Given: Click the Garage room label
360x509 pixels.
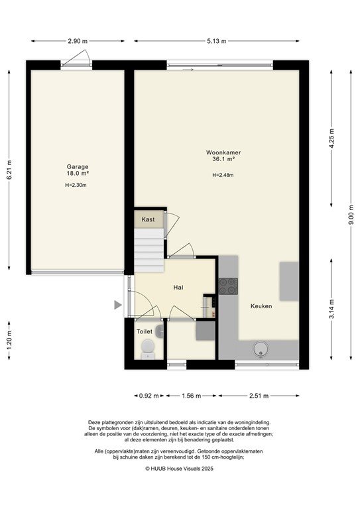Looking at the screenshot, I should [77, 167].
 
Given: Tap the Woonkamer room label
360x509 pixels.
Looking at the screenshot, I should [222, 152].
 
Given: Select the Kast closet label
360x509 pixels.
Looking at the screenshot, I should [149, 219].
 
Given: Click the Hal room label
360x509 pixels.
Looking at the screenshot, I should [178, 288].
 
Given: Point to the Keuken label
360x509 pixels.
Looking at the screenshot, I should [261, 306].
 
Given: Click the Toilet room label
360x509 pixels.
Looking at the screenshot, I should [144, 331].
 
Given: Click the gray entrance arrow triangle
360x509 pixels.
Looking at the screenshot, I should [117, 305].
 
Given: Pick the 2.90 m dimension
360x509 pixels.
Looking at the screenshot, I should [77, 41].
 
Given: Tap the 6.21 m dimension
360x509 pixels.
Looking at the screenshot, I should [9, 170].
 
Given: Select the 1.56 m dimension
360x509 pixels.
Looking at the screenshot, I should [192, 396].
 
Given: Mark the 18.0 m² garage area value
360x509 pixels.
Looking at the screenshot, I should [77, 174].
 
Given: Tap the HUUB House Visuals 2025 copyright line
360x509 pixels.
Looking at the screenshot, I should [180, 468].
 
